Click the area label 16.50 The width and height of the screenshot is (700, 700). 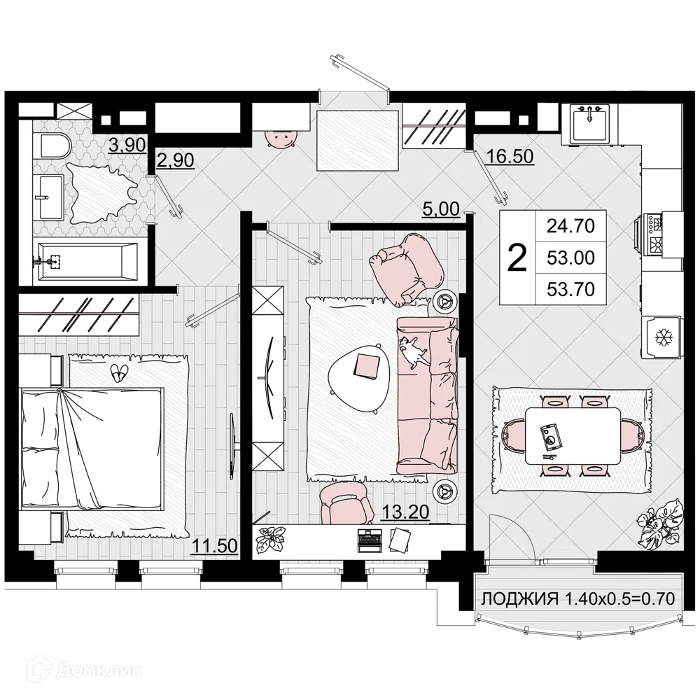click(x=510, y=156)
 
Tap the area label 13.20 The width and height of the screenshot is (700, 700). click(x=405, y=513)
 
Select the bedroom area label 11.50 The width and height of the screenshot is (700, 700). click(x=216, y=545)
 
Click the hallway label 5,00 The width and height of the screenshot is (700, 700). click(x=441, y=208)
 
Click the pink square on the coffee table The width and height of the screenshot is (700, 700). click(x=367, y=365)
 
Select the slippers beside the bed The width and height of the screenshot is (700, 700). click(x=120, y=372)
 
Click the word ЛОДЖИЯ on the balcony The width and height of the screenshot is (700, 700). click(x=518, y=599)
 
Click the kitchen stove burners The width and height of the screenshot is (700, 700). click(x=657, y=233)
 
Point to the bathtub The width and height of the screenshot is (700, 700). click(x=87, y=261)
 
